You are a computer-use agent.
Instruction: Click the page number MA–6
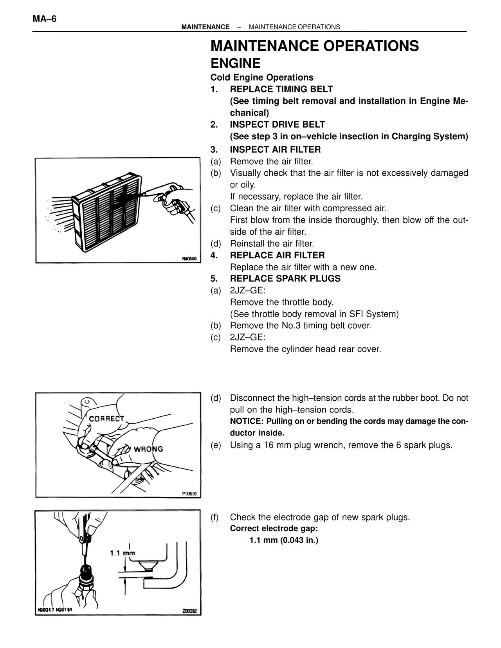[x=44, y=19]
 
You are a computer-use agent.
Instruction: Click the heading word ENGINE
[x=235, y=63]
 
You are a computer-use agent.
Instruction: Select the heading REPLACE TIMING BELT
[x=281, y=89]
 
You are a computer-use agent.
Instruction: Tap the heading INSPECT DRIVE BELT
[x=277, y=124]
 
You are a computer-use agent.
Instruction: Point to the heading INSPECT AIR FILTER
[x=275, y=149]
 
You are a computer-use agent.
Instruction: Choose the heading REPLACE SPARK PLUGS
[x=285, y=279]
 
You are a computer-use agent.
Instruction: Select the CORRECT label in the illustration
[x=106, y=419]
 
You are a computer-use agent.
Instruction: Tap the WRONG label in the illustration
[x=148, y=449]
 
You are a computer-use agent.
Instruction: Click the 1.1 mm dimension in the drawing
[x=122, y=553]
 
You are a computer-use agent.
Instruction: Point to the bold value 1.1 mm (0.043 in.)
[x=284, y=540]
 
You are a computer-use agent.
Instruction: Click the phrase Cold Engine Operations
[x=262, y=77]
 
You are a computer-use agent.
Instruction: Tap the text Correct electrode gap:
[x=274, y=529]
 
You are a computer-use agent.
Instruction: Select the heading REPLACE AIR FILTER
[x=277, y=256]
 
